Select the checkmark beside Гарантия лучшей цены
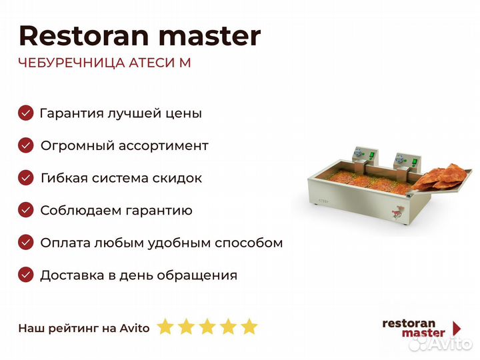click(x=26, y=113)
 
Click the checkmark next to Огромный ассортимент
click(x=26, y=145)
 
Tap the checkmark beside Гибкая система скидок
click(x=26, y=178)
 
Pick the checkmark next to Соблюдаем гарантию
click(x=26, y=210)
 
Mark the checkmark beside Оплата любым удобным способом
click(x=26, y=243)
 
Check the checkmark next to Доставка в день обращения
click(x=26, y=275)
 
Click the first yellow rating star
click(x=165, y=327)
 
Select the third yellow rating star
click(x=207, y=327)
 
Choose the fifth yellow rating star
click(x=249, y=327)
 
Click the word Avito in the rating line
click(x=135, y=327)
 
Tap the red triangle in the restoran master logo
click(x=457, y=328)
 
